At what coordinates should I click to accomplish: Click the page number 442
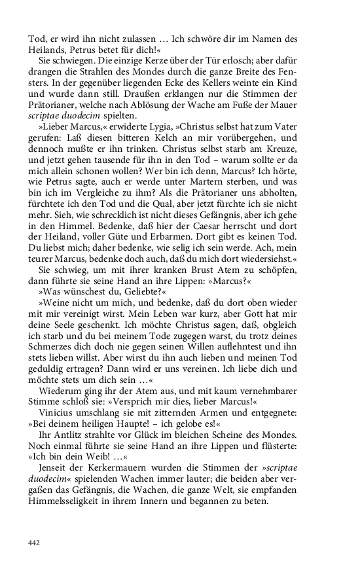(34, 542)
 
